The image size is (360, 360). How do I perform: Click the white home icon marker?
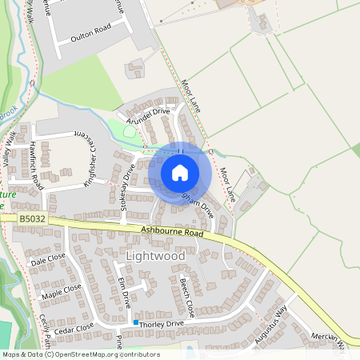point(179,173)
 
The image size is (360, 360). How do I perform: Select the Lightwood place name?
point(155,256)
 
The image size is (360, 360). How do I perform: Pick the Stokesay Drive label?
point(126,190)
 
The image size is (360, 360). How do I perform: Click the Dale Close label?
point(48,259)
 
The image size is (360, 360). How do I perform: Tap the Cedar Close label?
point(74,328)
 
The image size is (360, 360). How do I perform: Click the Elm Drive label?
point(123,292)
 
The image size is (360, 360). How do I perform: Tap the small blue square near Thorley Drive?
point(137,322)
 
